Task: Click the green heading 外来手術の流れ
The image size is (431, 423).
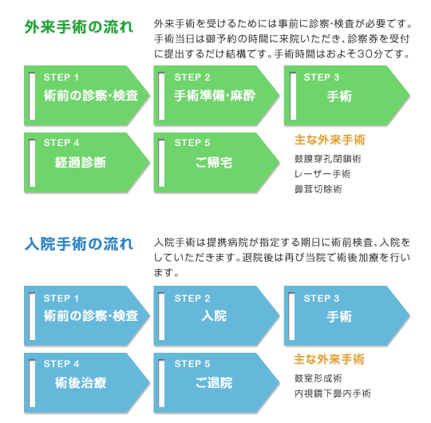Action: click(78, 27)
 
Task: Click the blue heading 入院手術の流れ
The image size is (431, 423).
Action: click(78, 243)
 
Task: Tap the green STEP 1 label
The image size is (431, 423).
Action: click(61, 77)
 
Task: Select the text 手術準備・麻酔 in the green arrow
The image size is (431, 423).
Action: click(215, 96)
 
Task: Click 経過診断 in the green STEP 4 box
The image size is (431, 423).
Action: click(81, 162)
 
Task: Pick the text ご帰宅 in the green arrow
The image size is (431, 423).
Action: click(214, 162)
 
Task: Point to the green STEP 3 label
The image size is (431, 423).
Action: click(322, 77)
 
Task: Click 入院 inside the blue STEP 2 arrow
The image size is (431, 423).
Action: click(214, 315)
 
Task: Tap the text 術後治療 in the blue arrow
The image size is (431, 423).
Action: click(81, 382)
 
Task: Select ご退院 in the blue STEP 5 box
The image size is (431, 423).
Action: click(214, 382)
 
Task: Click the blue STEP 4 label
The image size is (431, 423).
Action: click(61, 364)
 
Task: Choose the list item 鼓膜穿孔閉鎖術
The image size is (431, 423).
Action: click(328, 159)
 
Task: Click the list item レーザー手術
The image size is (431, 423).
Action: click(322, 174)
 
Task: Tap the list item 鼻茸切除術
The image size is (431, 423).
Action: click(318, 189)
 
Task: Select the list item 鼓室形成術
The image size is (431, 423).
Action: click(318, 378)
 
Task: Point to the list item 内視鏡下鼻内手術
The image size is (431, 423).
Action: click(333, 393)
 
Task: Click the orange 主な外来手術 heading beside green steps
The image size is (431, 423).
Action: click(330, 140)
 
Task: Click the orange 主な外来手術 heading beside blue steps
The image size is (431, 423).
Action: click(329, 359)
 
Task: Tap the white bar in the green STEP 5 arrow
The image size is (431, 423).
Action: click(161, 163)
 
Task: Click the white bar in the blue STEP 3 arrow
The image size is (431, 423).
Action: click(291, 316)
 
